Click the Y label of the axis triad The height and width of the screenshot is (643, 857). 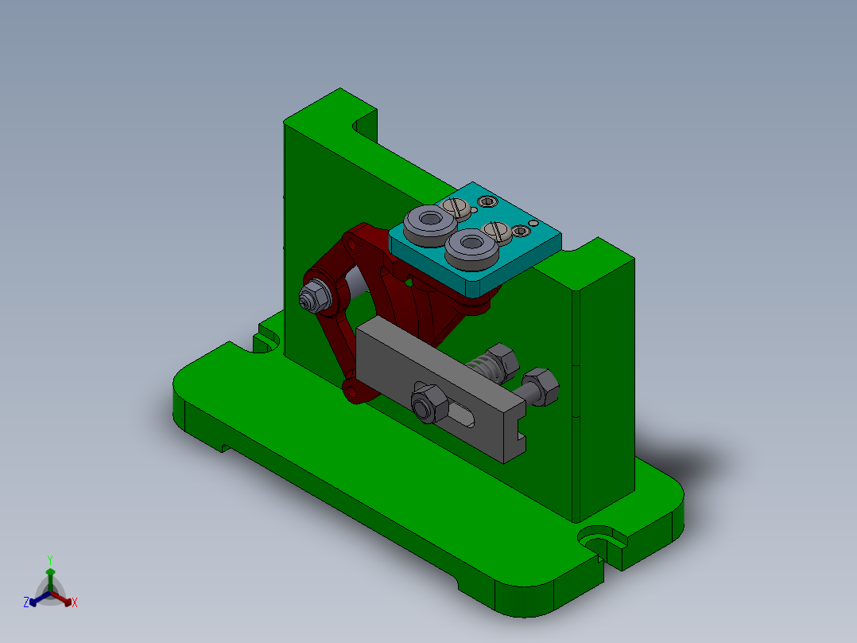point(49,559)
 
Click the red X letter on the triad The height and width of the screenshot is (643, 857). point(75,603)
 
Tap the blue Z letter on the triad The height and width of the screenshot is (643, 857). point(26,603)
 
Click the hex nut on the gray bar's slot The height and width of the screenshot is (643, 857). point(425,405)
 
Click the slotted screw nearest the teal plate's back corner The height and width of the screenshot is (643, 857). point(456,207)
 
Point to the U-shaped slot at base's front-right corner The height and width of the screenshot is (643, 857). point(601,537)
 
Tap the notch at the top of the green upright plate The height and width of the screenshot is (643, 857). point(364,126)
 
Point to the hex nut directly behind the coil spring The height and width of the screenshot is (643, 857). point(501,359)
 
